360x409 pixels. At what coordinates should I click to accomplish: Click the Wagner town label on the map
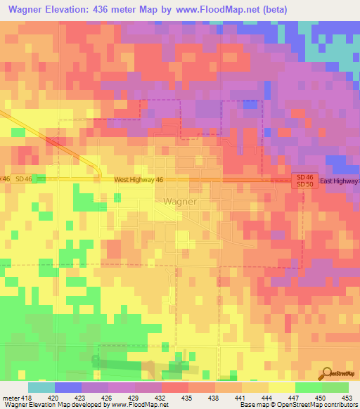180,201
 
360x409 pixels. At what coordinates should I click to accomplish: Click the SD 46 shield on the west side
24,180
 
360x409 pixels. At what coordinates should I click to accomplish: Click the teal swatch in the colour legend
41,387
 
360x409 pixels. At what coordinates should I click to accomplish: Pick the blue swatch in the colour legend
67,387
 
